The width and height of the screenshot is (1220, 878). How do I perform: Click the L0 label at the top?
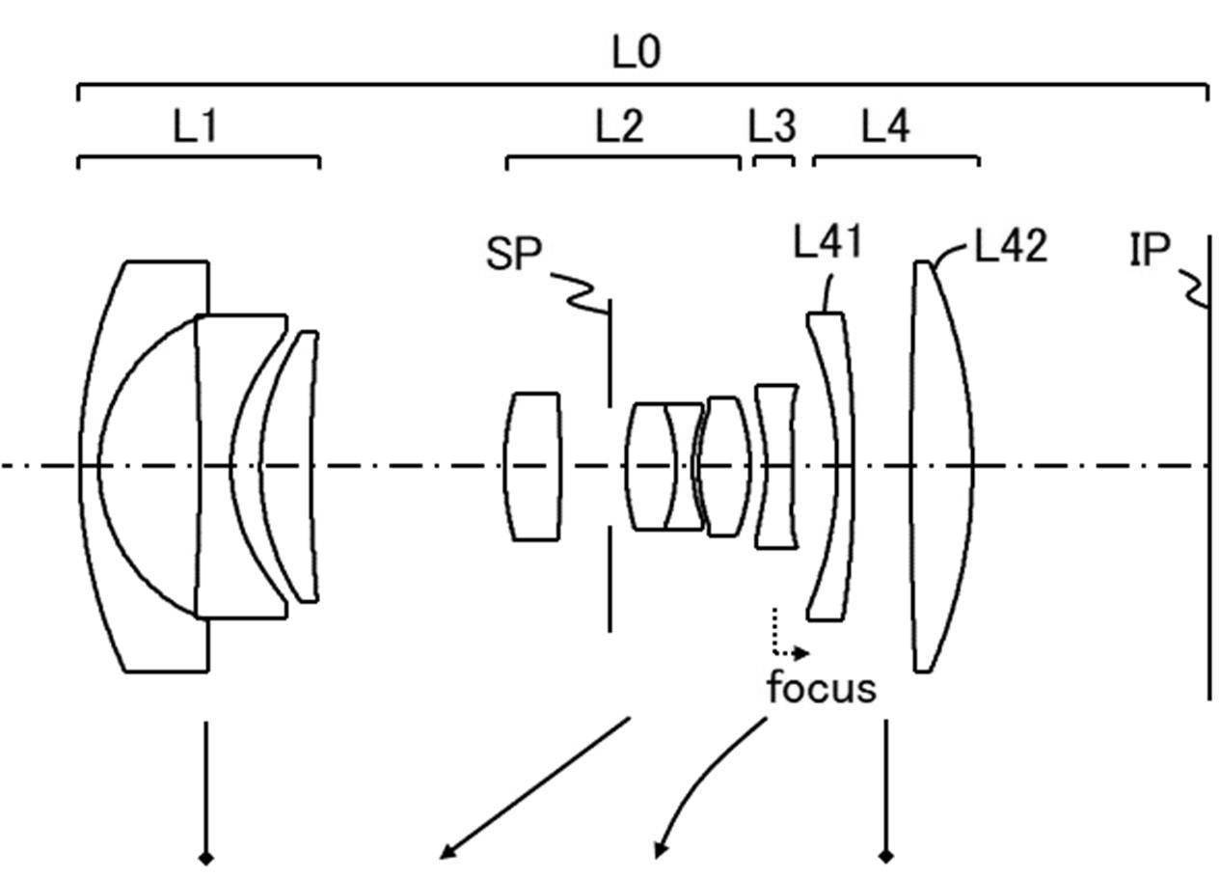637,52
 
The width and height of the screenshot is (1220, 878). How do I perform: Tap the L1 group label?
195,126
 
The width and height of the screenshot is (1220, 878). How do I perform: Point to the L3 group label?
773,126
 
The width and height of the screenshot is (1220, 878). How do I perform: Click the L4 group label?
884,126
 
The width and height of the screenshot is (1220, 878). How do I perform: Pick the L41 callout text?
827,243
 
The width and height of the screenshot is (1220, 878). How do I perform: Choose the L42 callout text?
1010,248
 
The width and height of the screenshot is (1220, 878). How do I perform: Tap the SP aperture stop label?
514,256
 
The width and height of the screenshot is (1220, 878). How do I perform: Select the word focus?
822,689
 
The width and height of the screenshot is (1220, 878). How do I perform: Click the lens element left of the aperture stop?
532,466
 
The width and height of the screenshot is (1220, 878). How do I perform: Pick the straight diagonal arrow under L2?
535,786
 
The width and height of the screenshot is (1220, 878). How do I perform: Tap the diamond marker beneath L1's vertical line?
204,856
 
